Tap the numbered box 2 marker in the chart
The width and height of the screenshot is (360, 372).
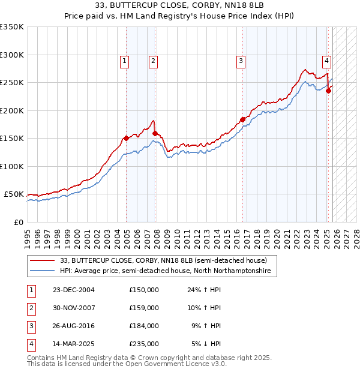pyautogui.click(x=153, y=60)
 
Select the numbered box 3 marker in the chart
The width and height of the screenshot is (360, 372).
pyautogui.click(x=240, y=60)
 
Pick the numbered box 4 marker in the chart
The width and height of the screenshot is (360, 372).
pyautogui.click(x=326, y=60)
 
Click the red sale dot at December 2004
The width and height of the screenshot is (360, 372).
pyautogui.click(x=126, y=139)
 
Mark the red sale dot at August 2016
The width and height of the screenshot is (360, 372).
pyautogui.click(x=243, y=119)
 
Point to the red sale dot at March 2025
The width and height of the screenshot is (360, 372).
pyautogui.click(x=328, y=91)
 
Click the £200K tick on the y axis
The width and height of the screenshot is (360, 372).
pyautogui.click(x=12, y=110)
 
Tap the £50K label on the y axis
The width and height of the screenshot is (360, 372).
pyautogui.click(x=14, y=194)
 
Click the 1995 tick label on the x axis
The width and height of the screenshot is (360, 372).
pyautogui.click(x=28, y=235)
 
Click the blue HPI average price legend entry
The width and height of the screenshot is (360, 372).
pyautogui.click(x=165, y=271)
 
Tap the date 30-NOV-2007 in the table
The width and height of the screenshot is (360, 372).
pyautogui.click(x=73, y=307)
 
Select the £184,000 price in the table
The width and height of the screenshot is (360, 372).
pyautogui.click(x=143, y=326)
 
